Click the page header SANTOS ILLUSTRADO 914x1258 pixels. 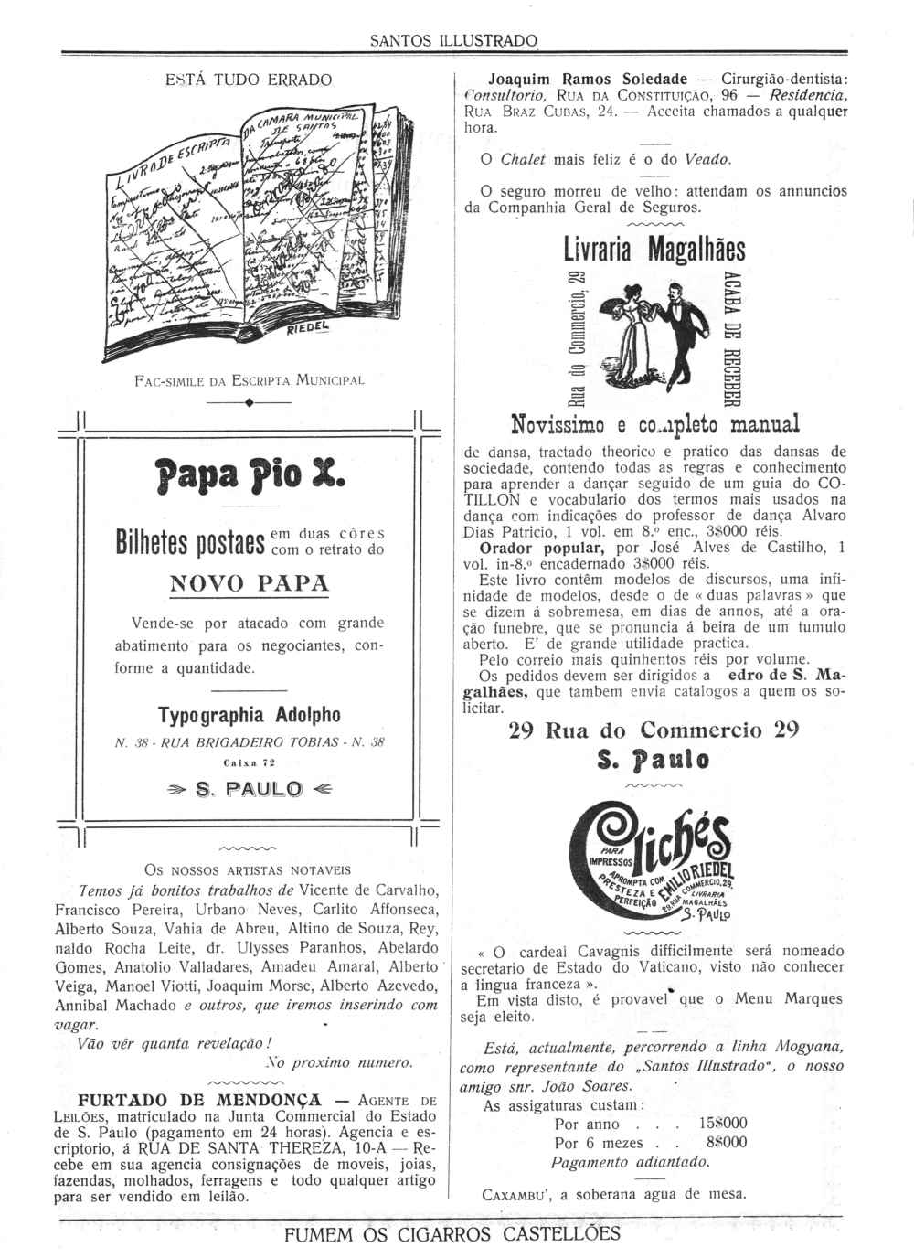[x=453, y=41]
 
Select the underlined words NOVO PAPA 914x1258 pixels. [x=250, y=583]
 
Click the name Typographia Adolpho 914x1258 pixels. [x=249, y=713]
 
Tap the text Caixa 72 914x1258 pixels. [x=249, y=760]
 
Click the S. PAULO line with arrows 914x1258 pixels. [x=249, y=789]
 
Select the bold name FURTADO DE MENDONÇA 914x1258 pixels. [x=200, y=1099]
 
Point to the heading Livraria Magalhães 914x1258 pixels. [x=654, y=250]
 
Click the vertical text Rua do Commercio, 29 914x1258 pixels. [x=575, y=339]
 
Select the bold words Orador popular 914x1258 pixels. [x=518, y=548]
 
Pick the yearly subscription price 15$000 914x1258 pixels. [x=722, y=1124]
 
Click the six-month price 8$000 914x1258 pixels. [x=726, y=1142]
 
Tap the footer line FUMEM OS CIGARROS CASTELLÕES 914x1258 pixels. [x=452, y=1234]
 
